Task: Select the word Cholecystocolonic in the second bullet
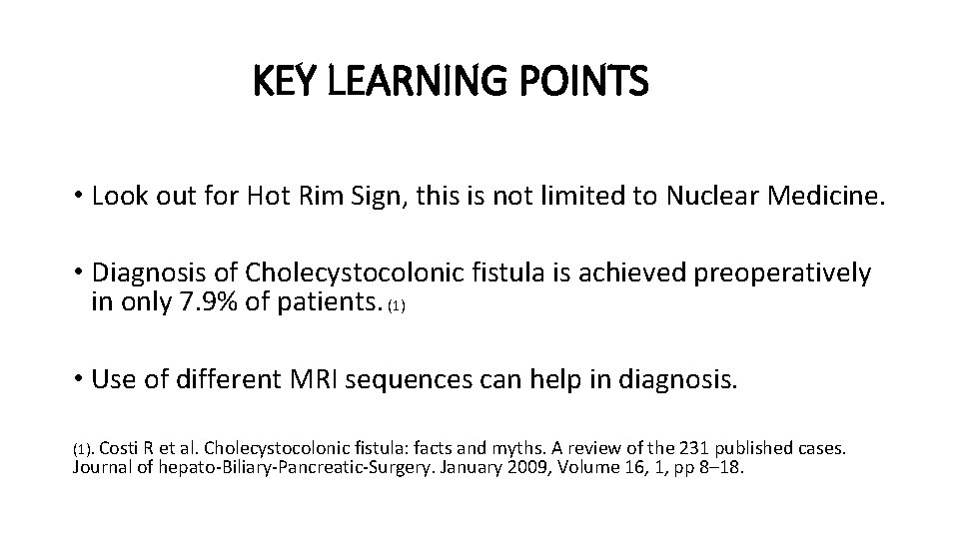click(340, 272)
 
